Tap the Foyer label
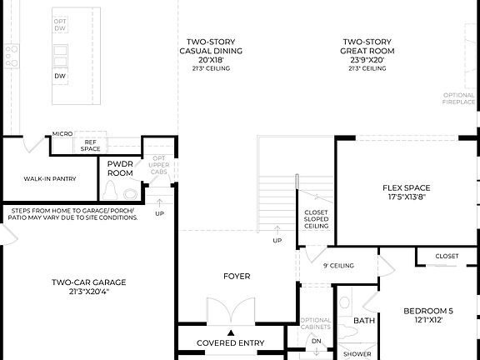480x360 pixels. point(237,276)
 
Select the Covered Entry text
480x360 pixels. point(230,342)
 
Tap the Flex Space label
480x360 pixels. point(405,192)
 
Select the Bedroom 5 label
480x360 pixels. point(428,315)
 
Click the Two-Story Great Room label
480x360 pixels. point(367,54)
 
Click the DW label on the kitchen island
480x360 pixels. point(60,76)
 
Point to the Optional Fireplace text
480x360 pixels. point(460,100)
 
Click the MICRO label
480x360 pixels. point(62,133)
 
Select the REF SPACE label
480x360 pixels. point(90,146)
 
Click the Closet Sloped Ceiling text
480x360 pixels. point(316,217)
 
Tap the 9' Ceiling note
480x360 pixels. point(338,266)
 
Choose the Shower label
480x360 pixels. point(357,353)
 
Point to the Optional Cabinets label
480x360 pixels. point(316,324)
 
